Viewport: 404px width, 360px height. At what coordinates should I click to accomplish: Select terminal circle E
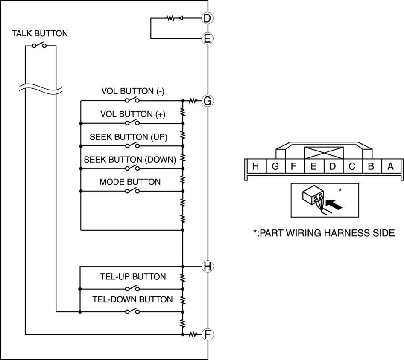coord(207,38)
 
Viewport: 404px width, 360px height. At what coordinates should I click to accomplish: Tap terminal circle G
coord(207,101)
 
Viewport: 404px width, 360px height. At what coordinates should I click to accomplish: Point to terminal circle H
coord(207,266)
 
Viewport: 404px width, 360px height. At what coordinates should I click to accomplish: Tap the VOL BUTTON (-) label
coord(133,91)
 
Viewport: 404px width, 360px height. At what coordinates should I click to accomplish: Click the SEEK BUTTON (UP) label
coord(129,137)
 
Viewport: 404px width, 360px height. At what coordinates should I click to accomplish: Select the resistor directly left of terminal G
coord(193,101)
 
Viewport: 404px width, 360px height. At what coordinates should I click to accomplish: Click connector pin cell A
coord(390,166)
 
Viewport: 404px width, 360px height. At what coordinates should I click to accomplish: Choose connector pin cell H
coord(255,166)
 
